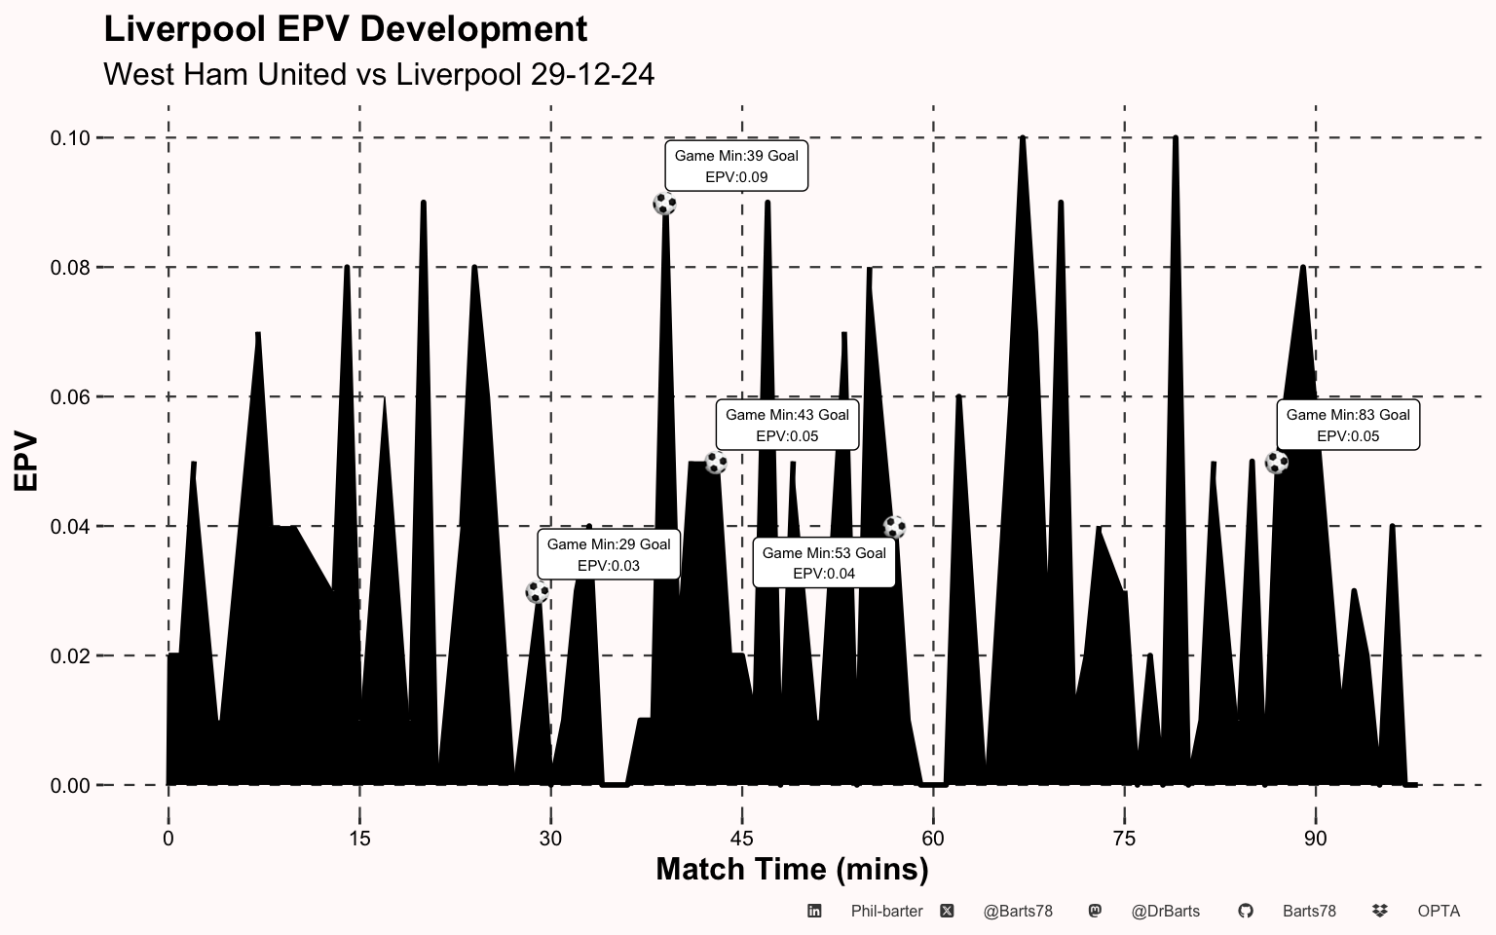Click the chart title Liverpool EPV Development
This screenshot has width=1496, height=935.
[x=345, y=29]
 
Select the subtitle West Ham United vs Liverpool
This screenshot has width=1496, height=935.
[x=378, y=74]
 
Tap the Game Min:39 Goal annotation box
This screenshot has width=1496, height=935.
[x=736, y=167]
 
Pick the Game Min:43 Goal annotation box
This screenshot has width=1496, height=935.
[x=787, y=426]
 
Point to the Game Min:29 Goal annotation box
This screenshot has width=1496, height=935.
[x=609, y=555]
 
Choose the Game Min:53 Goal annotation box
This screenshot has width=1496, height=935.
[x=824, y=563]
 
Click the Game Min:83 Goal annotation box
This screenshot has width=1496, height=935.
[x=1348, y=426]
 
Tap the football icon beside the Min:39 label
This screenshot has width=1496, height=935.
[x=664, y=204]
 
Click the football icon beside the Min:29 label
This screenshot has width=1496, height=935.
[x=537, y=591]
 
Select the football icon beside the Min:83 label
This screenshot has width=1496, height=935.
[x=1276, y=463]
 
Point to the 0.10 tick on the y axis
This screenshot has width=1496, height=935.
[x=70, y=138]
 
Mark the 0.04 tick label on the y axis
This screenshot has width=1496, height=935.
[x=70, y=527]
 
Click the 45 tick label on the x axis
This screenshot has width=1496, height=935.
[x=742, y=839]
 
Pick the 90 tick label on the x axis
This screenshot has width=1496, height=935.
[x=1316, y=839]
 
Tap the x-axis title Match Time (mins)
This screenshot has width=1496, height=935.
[x=792, y=869]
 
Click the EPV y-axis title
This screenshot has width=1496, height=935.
[x=25, y=462]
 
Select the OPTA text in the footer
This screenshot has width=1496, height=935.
[x=1439, y=912]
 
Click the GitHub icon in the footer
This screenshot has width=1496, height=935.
[x=1245, y=911]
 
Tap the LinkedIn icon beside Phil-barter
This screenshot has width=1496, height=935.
[x=814, y=911]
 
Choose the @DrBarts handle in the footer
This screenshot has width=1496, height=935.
[x=1165, y=912]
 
